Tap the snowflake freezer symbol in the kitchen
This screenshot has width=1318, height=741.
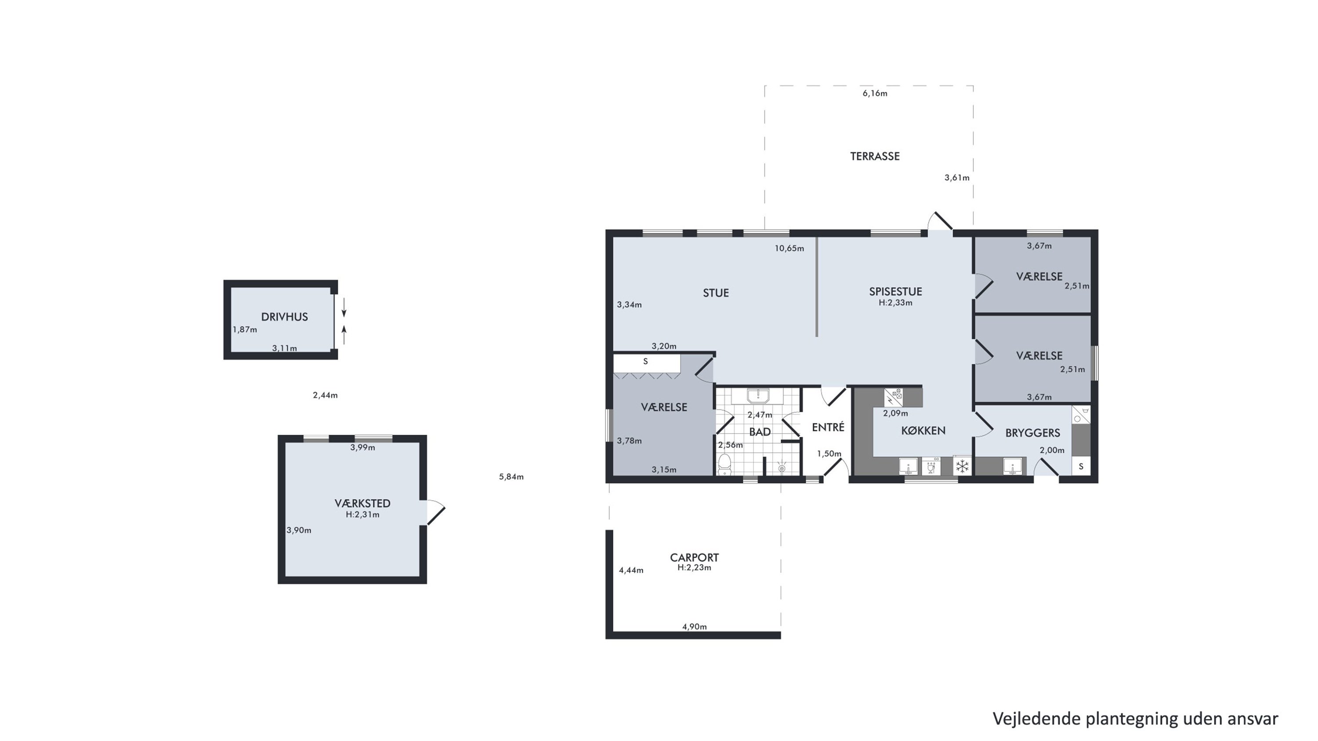963,466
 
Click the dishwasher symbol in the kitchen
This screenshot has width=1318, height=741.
931,466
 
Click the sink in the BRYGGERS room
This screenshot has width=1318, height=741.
1013,466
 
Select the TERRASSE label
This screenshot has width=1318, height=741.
875,156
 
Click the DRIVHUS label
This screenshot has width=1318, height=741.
285,317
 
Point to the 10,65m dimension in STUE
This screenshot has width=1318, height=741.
789,249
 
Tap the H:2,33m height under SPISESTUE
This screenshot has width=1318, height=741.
895,303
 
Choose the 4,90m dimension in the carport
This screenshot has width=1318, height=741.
694,627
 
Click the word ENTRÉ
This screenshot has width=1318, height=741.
828,427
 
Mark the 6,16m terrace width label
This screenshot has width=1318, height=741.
875,94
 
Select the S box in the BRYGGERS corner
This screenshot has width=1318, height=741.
1081,466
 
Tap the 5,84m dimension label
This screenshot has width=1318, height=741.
511,477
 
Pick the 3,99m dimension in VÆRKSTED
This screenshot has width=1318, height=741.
363,448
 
